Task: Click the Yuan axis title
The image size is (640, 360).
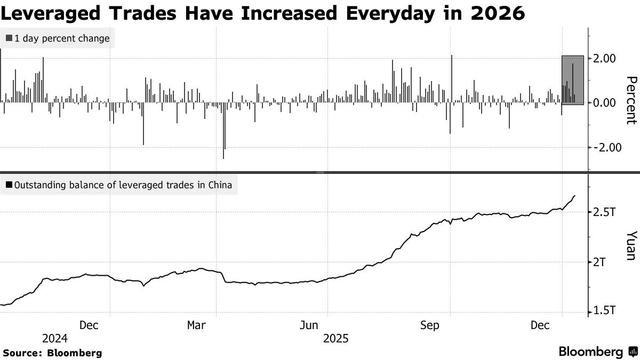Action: coord(631,245)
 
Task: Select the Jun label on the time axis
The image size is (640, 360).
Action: coord(310,325)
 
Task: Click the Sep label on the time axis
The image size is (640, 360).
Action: coord(429,325)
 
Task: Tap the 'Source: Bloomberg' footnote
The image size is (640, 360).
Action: coord(52,353)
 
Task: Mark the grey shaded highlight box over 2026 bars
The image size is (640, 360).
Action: coord(573,79)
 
